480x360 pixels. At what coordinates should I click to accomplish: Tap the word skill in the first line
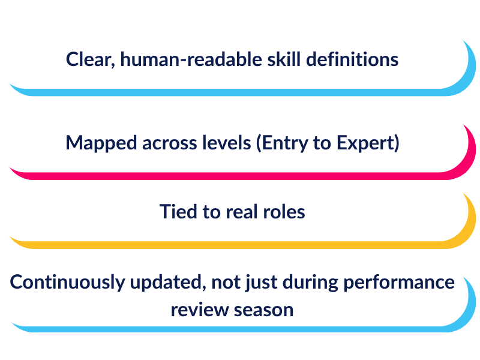point(284,59)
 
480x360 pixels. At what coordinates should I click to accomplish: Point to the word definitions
point(352,59)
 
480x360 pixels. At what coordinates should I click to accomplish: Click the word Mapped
point(101,143)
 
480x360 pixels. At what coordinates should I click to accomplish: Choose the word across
point(169,143)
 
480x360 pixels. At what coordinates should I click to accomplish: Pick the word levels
point(227,143)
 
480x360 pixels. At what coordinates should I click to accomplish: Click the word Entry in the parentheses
point(282,143)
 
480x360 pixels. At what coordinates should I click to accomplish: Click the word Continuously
point(67,282)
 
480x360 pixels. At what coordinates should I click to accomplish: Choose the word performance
point(399,283)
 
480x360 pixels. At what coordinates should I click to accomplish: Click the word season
point(263,310)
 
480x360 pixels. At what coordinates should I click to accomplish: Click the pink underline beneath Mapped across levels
point(233,176)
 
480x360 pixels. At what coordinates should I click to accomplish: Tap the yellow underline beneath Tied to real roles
point(233,245)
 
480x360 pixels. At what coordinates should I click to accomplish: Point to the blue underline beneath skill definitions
point(233,92)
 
